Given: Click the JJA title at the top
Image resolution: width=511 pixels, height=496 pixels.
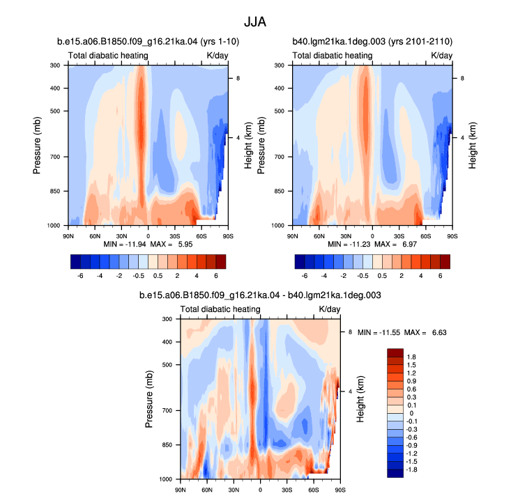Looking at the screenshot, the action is point(255,22).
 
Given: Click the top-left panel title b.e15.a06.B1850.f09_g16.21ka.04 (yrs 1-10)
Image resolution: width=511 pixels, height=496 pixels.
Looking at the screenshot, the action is point(148,42).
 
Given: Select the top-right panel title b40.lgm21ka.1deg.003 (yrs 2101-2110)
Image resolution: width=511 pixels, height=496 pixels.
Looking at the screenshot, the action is point(372,42).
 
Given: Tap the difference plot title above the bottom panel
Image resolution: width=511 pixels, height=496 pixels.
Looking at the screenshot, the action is point(260,295).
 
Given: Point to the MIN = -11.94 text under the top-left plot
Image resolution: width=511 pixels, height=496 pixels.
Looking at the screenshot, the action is point(125,245).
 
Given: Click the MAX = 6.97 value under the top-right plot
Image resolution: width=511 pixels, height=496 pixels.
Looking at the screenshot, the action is point(396,245).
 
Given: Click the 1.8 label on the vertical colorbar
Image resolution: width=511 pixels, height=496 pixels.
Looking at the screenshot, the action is point(411,357).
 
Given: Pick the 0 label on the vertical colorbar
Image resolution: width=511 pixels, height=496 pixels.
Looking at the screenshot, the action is point(411,413).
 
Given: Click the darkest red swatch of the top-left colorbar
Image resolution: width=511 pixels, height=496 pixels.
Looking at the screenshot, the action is point(221,262).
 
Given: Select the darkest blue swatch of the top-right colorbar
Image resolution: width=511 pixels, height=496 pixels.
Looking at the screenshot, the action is point(300,262).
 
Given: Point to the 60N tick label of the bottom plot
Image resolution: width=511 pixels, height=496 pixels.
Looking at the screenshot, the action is point(207,490).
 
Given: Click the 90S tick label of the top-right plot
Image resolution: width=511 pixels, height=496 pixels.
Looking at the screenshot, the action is point(452,236).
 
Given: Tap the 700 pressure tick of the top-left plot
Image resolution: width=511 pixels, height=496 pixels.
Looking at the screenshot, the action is point(55,157).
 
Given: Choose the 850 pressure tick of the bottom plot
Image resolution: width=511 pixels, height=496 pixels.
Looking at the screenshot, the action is point(167,445).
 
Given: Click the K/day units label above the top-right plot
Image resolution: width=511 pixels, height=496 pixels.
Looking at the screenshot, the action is point(441,56).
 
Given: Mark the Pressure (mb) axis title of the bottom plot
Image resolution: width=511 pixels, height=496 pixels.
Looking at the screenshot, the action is point(148,399).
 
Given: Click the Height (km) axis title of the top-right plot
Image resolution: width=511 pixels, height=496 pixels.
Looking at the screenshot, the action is point(472,146).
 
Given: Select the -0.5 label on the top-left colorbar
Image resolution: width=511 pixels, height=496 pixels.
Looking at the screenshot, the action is point(139,276).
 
